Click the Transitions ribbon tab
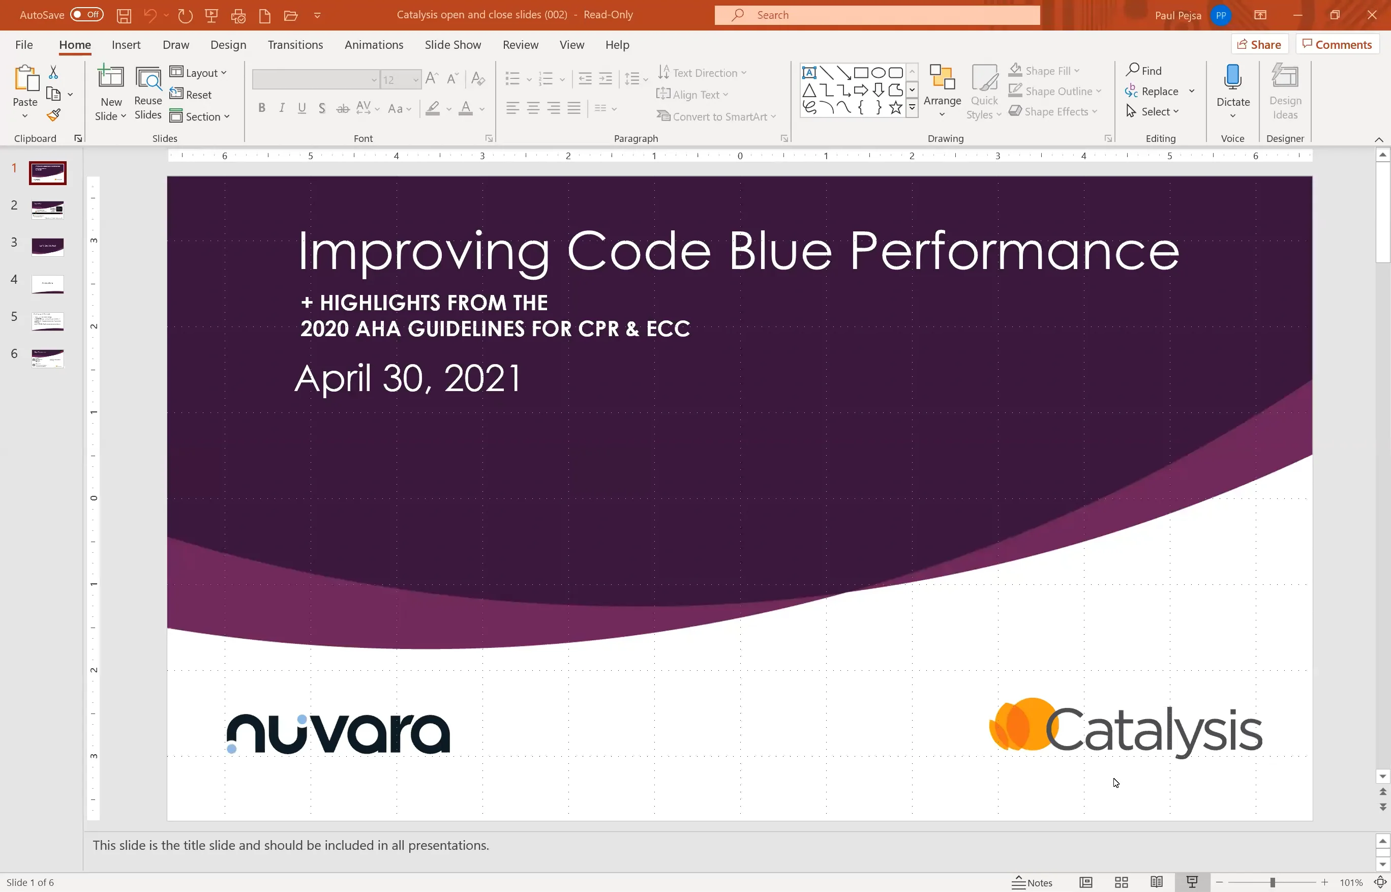pyautogui.click(x=295, y=45)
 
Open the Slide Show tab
pyautogui.click(x=452, y=45)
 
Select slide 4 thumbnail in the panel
pyautogui.click(x=47, y=284)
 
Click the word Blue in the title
pyautogui.click(x=779, y=251)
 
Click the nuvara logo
pyautogui.click(x=338, y=733)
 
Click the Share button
pyautogui.click(x=1259, y=45)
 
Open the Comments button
pyautogui.click(x=1337, y=45)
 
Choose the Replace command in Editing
pyautogui.click(x=1159, y=91)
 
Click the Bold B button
pyautogui.click(x=262, y=108)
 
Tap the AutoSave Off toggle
pyautogui.click(x=86, y=14)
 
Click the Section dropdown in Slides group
pyautogui.click(x=200, y=116)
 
